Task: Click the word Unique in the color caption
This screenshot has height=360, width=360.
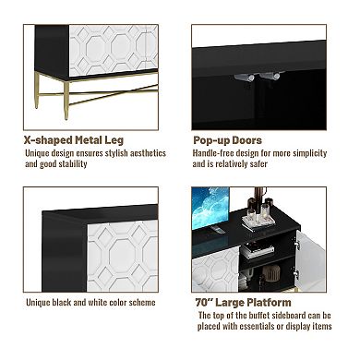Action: pos(38,303)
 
